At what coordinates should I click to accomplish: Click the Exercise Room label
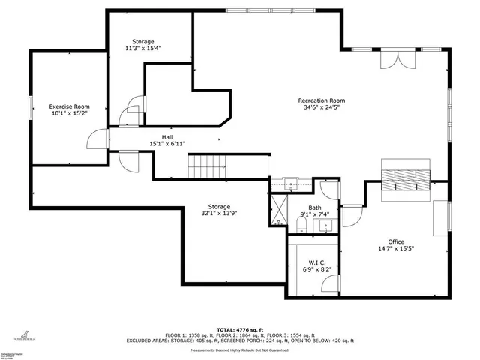point(69,106)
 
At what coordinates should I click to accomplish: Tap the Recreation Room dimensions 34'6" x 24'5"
point(321,107)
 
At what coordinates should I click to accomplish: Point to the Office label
point(396,241)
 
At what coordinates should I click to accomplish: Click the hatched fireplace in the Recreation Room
point(405,178)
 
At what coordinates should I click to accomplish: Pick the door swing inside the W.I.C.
point(328,281)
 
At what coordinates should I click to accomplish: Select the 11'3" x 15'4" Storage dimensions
point(143,48)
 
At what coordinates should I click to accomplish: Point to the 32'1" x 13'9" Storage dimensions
point(219,214)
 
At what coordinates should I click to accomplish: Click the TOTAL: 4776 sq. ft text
point(240,329)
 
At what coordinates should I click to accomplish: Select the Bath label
point(315,208)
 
